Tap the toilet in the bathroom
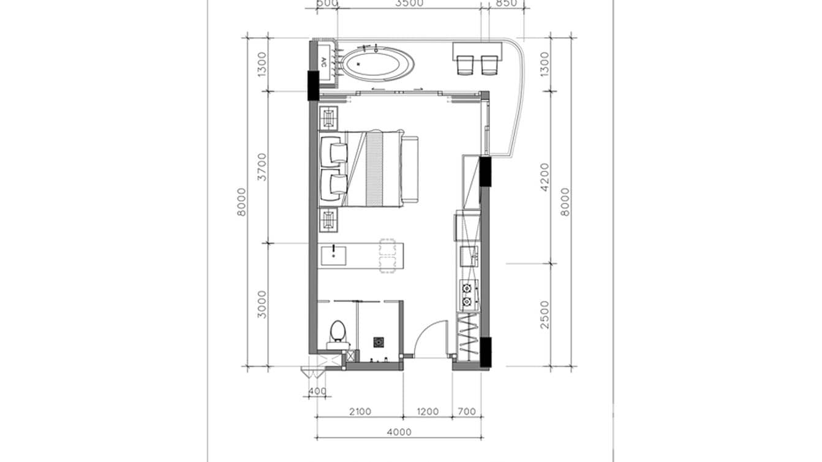pyautogui.click(x=337, y=333)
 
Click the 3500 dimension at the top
pyautogui.click(x=409, y=3)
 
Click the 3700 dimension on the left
pyautogui.click(x=262, y=167)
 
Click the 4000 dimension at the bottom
pyautogui.click(x=399, y=432)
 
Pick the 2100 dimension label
pyautogui.click(x=360, y=412)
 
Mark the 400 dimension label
pyautogui.click(x=317, y=392)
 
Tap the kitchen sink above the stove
pyautogui.click(x=469, y=256)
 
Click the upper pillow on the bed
pyautogui.click(x=334, y=151)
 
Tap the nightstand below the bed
pyautogui.click(x=328, y=219)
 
